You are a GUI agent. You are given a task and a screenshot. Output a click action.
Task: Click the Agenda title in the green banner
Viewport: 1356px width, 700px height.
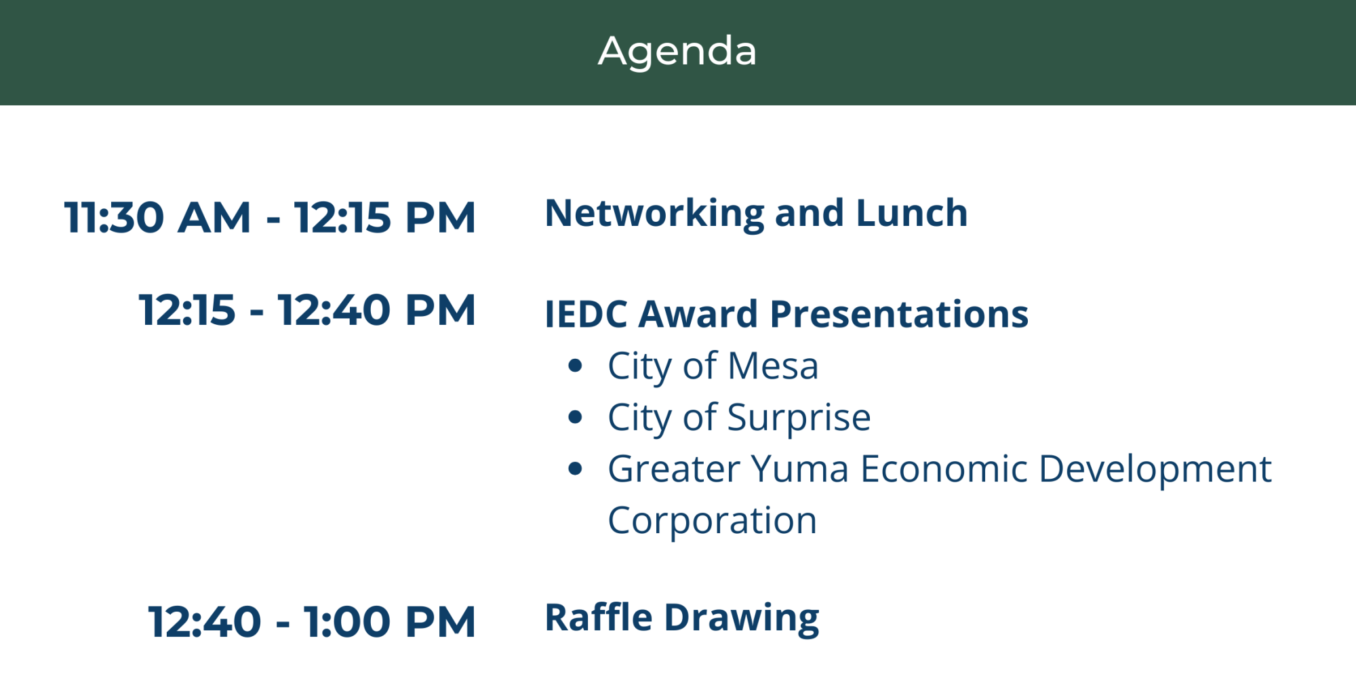tap(677, 52)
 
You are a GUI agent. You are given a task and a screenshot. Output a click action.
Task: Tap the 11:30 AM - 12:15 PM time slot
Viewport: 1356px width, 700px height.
tap(270, 218)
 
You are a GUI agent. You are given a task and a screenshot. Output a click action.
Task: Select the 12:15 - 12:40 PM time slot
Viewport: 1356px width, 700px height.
tap(307, 310)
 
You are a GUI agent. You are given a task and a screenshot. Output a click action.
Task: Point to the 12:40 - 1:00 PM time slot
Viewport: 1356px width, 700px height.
tap(312, 622)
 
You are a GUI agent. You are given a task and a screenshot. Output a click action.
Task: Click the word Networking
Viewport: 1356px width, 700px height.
tap(655, 214)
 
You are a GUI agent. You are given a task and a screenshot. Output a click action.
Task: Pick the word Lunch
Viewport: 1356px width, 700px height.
tap(912, 213)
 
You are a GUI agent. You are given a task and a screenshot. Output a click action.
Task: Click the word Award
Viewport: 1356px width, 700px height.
tap(698, 315)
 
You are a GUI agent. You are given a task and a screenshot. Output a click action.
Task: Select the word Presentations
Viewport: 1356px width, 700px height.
tap(899, 315)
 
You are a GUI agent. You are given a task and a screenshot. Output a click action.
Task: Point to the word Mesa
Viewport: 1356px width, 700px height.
tap(773, 366)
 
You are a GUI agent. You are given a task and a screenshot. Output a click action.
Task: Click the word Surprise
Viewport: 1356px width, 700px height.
tap(799, 419)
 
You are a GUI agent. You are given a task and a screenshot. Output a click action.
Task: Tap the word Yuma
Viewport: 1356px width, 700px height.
tap(799, 469)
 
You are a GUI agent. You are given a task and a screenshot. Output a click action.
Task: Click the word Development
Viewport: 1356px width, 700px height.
tap(1155, 470)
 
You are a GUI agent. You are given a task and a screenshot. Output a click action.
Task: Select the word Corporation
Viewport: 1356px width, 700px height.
tap(712, 522)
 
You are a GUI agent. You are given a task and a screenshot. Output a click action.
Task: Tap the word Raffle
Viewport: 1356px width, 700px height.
tap(599, 618)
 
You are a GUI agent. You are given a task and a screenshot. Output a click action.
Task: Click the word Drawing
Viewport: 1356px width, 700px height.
tap(742, 619)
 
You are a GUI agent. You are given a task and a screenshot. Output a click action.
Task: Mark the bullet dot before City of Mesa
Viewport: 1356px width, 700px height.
tap(576, 366)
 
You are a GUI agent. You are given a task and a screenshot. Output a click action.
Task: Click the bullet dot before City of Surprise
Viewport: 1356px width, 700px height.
tap(576, 418)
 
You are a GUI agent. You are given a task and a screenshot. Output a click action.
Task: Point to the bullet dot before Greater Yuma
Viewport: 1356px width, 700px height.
tap(576, 469)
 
